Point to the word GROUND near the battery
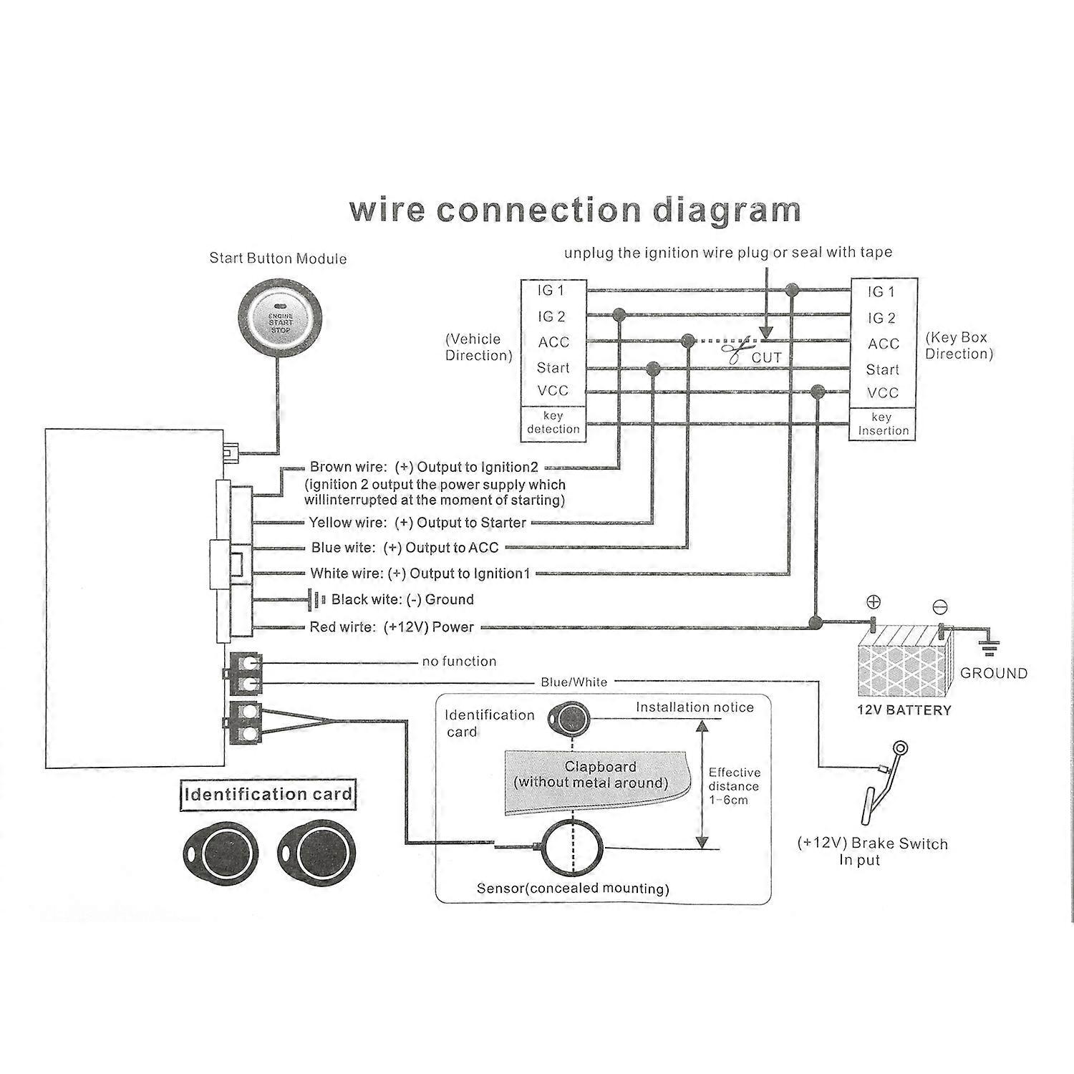point(993,673)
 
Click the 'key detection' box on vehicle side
point(553,422)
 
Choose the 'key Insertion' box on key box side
point(883,424)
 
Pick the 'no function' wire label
point(459,662)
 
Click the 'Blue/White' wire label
point(574,682)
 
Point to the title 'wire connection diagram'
point(574,210)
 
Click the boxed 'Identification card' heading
point(268,794)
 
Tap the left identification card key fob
point(219,853)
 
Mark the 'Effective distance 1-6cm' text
point(734,786)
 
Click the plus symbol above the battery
point(874,602)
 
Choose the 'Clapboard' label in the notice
point(599,767)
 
